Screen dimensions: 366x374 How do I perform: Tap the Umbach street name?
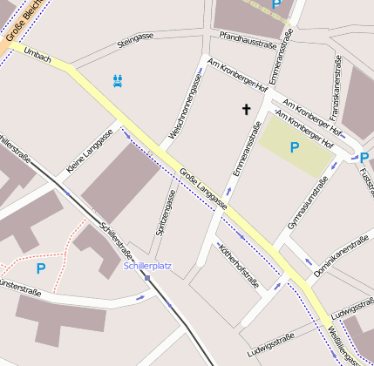pyautogui.click(x=37, y=58)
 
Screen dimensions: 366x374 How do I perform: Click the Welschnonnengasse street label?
pyautogui.click(x=190, y=105)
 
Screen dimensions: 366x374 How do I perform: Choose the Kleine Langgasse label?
pyautogui.click(x=89, y=149)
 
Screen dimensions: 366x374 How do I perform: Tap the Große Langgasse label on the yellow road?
pyautogui.click(x=203, y=188)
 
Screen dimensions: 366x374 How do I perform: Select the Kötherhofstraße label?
pyautogui.click(x=239, y=263)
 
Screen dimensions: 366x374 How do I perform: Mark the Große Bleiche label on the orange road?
pyautogui.click(x=21, y=21)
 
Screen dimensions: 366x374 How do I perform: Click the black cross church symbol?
pyautogui.click(x=246, y=109)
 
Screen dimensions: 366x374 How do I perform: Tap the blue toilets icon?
pyautogui.click(x=119, y=79)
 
